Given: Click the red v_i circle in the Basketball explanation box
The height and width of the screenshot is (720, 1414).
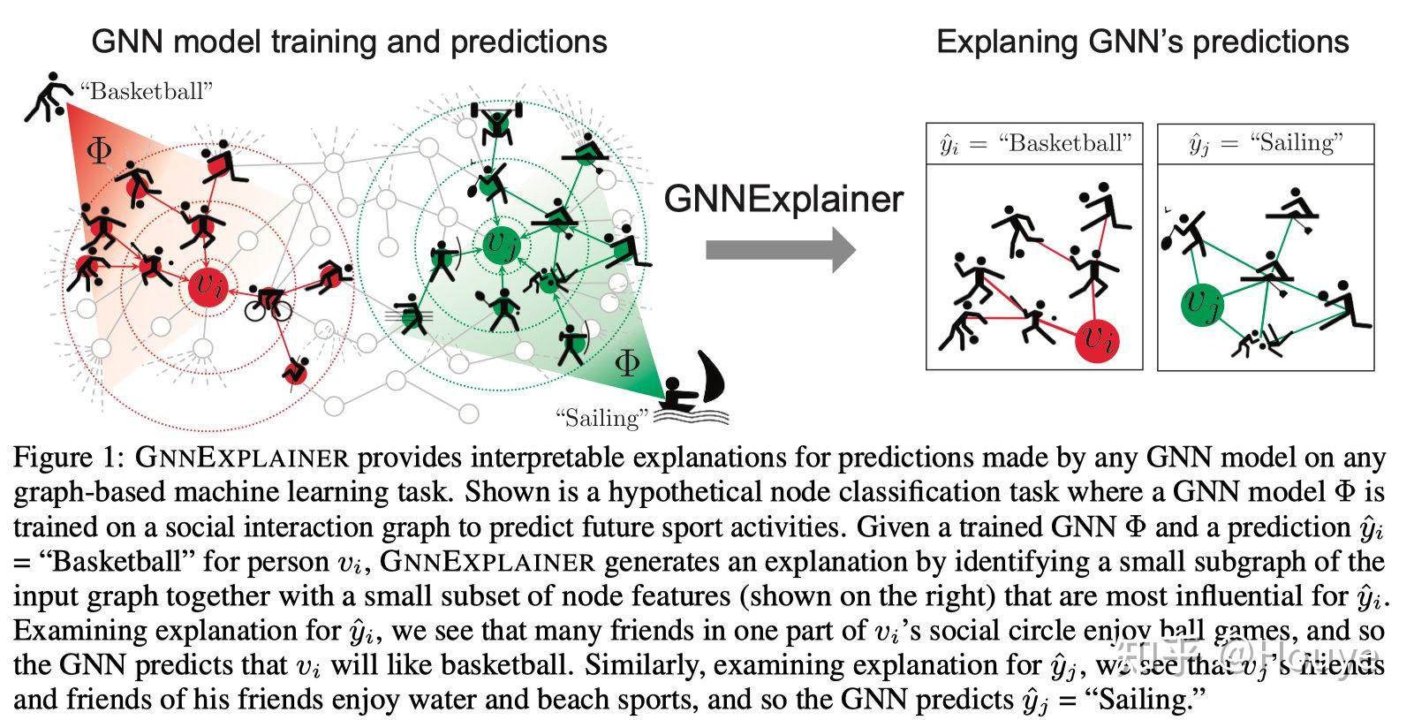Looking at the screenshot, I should pos(1099,338).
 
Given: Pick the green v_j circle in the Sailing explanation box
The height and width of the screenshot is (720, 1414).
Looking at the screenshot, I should pos(1206,305).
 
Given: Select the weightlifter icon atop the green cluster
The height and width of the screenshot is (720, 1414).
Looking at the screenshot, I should pos(498,117).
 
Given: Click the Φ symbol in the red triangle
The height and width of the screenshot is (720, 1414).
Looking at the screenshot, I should pos(99,150).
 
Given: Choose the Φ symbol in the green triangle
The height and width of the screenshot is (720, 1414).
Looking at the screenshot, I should pos(626,362).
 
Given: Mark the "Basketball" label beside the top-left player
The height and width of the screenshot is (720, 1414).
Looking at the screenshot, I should pos(146,91).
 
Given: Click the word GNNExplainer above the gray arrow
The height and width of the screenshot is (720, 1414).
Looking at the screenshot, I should pos(783,199).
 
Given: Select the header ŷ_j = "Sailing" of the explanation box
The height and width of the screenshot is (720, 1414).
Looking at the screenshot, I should pos(1266,144).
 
